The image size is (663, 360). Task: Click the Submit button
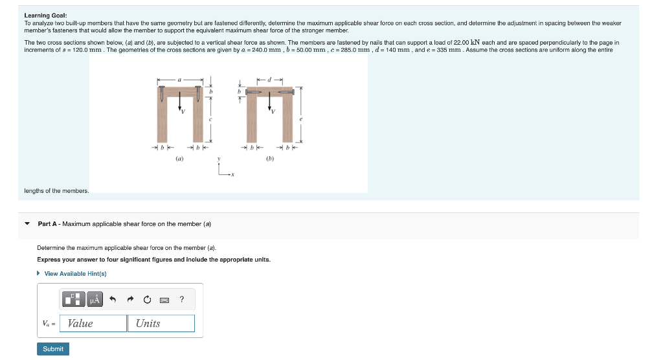53,349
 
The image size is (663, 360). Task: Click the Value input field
96,323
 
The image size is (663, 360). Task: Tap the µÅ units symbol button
95,299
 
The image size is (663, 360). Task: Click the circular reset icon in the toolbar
147,299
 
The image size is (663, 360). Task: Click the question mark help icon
182,299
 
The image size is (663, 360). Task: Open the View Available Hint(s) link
74,274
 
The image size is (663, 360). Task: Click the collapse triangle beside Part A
27,224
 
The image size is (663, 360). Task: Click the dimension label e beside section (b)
300,119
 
